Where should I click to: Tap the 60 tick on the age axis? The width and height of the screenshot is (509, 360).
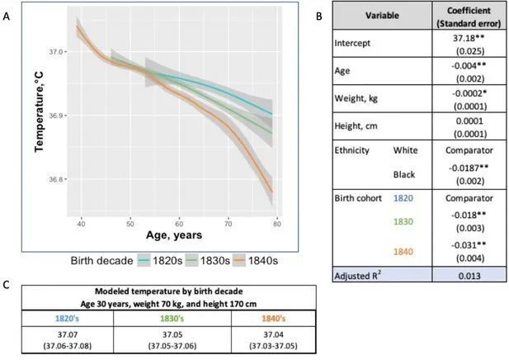click(179, 223)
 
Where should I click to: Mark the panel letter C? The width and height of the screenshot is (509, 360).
click(7, 286)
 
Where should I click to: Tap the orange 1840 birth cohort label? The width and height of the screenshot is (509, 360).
click(404, 251)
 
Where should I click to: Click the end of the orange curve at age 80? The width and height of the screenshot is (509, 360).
click(272, 193)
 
